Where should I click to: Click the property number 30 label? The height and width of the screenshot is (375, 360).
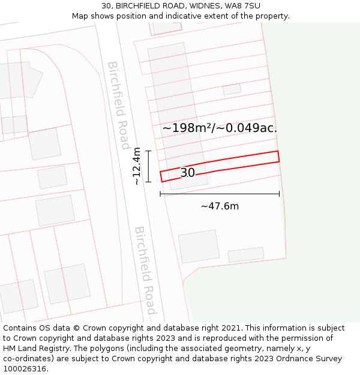click(187, 173)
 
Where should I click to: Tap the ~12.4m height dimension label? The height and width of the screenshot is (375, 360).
click(137, 166)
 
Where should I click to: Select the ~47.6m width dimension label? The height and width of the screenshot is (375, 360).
click(220, 206)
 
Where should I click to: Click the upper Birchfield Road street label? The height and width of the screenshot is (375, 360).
click(118, 104)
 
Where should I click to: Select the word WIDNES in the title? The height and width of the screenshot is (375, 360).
click(203, 6)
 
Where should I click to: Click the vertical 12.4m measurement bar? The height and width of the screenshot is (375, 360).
click(148, 166)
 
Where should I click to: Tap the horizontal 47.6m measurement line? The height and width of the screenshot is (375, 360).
click(220, 194)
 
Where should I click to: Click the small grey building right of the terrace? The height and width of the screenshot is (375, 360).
click(232, 89)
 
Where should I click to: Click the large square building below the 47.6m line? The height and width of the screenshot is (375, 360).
click(199, 246)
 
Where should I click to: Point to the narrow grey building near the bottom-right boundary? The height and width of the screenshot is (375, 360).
click(245, 254)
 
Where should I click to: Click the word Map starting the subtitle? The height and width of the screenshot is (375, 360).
click(80, 16)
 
